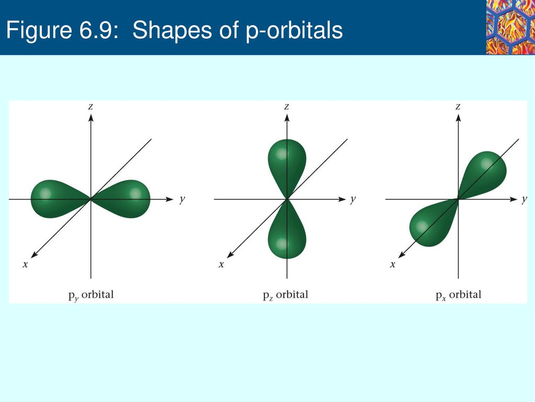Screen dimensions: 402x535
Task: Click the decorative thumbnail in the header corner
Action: (509, 27)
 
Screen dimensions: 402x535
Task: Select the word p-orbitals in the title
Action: (294, 32)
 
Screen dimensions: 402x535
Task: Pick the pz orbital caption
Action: (285, 295)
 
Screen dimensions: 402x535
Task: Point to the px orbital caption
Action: (458, 295)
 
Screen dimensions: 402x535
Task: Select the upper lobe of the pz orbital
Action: (286, 162)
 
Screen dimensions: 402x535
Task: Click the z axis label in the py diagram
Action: (91, 106)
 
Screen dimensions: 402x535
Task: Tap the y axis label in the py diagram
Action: (181, 199)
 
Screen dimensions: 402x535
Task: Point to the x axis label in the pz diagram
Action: (221, 264)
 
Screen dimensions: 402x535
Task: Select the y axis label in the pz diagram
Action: (354, 199)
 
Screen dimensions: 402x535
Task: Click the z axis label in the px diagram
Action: (458, 106)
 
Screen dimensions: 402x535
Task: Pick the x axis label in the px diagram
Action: (392, 264)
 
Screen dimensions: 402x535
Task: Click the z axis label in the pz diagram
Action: (286, 106)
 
